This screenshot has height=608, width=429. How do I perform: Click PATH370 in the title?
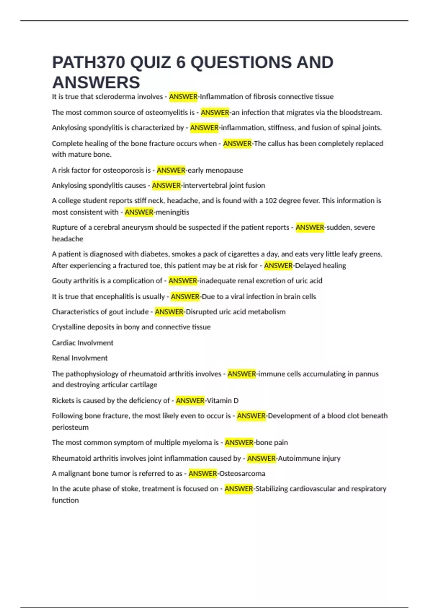89,63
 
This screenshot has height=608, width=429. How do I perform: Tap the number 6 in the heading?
181,63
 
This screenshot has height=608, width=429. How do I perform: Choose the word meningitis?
172,212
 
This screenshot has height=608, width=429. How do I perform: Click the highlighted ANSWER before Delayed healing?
278,266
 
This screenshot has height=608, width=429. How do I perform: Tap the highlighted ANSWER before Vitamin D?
190,401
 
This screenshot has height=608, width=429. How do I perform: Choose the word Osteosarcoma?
242,474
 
